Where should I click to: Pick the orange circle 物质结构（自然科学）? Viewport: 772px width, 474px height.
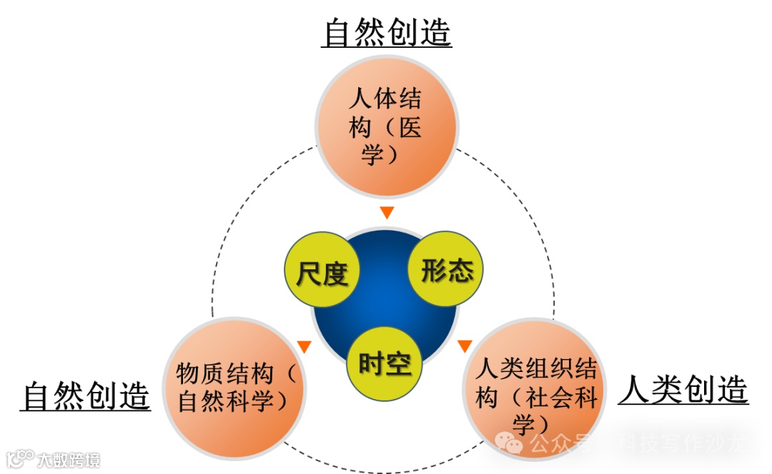pyautogui.click(x=235, y=388)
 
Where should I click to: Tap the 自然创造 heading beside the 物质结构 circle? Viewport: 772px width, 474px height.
pyautogui.click(x=86, y=395)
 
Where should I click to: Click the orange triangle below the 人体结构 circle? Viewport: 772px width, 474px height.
pyautogui.click(x=387, y=212)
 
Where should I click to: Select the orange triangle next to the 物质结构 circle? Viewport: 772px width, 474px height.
pyautogui.click(x=305, y=346)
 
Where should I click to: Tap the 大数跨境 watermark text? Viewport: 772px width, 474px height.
pyautogui.click(x=69, y=459)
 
